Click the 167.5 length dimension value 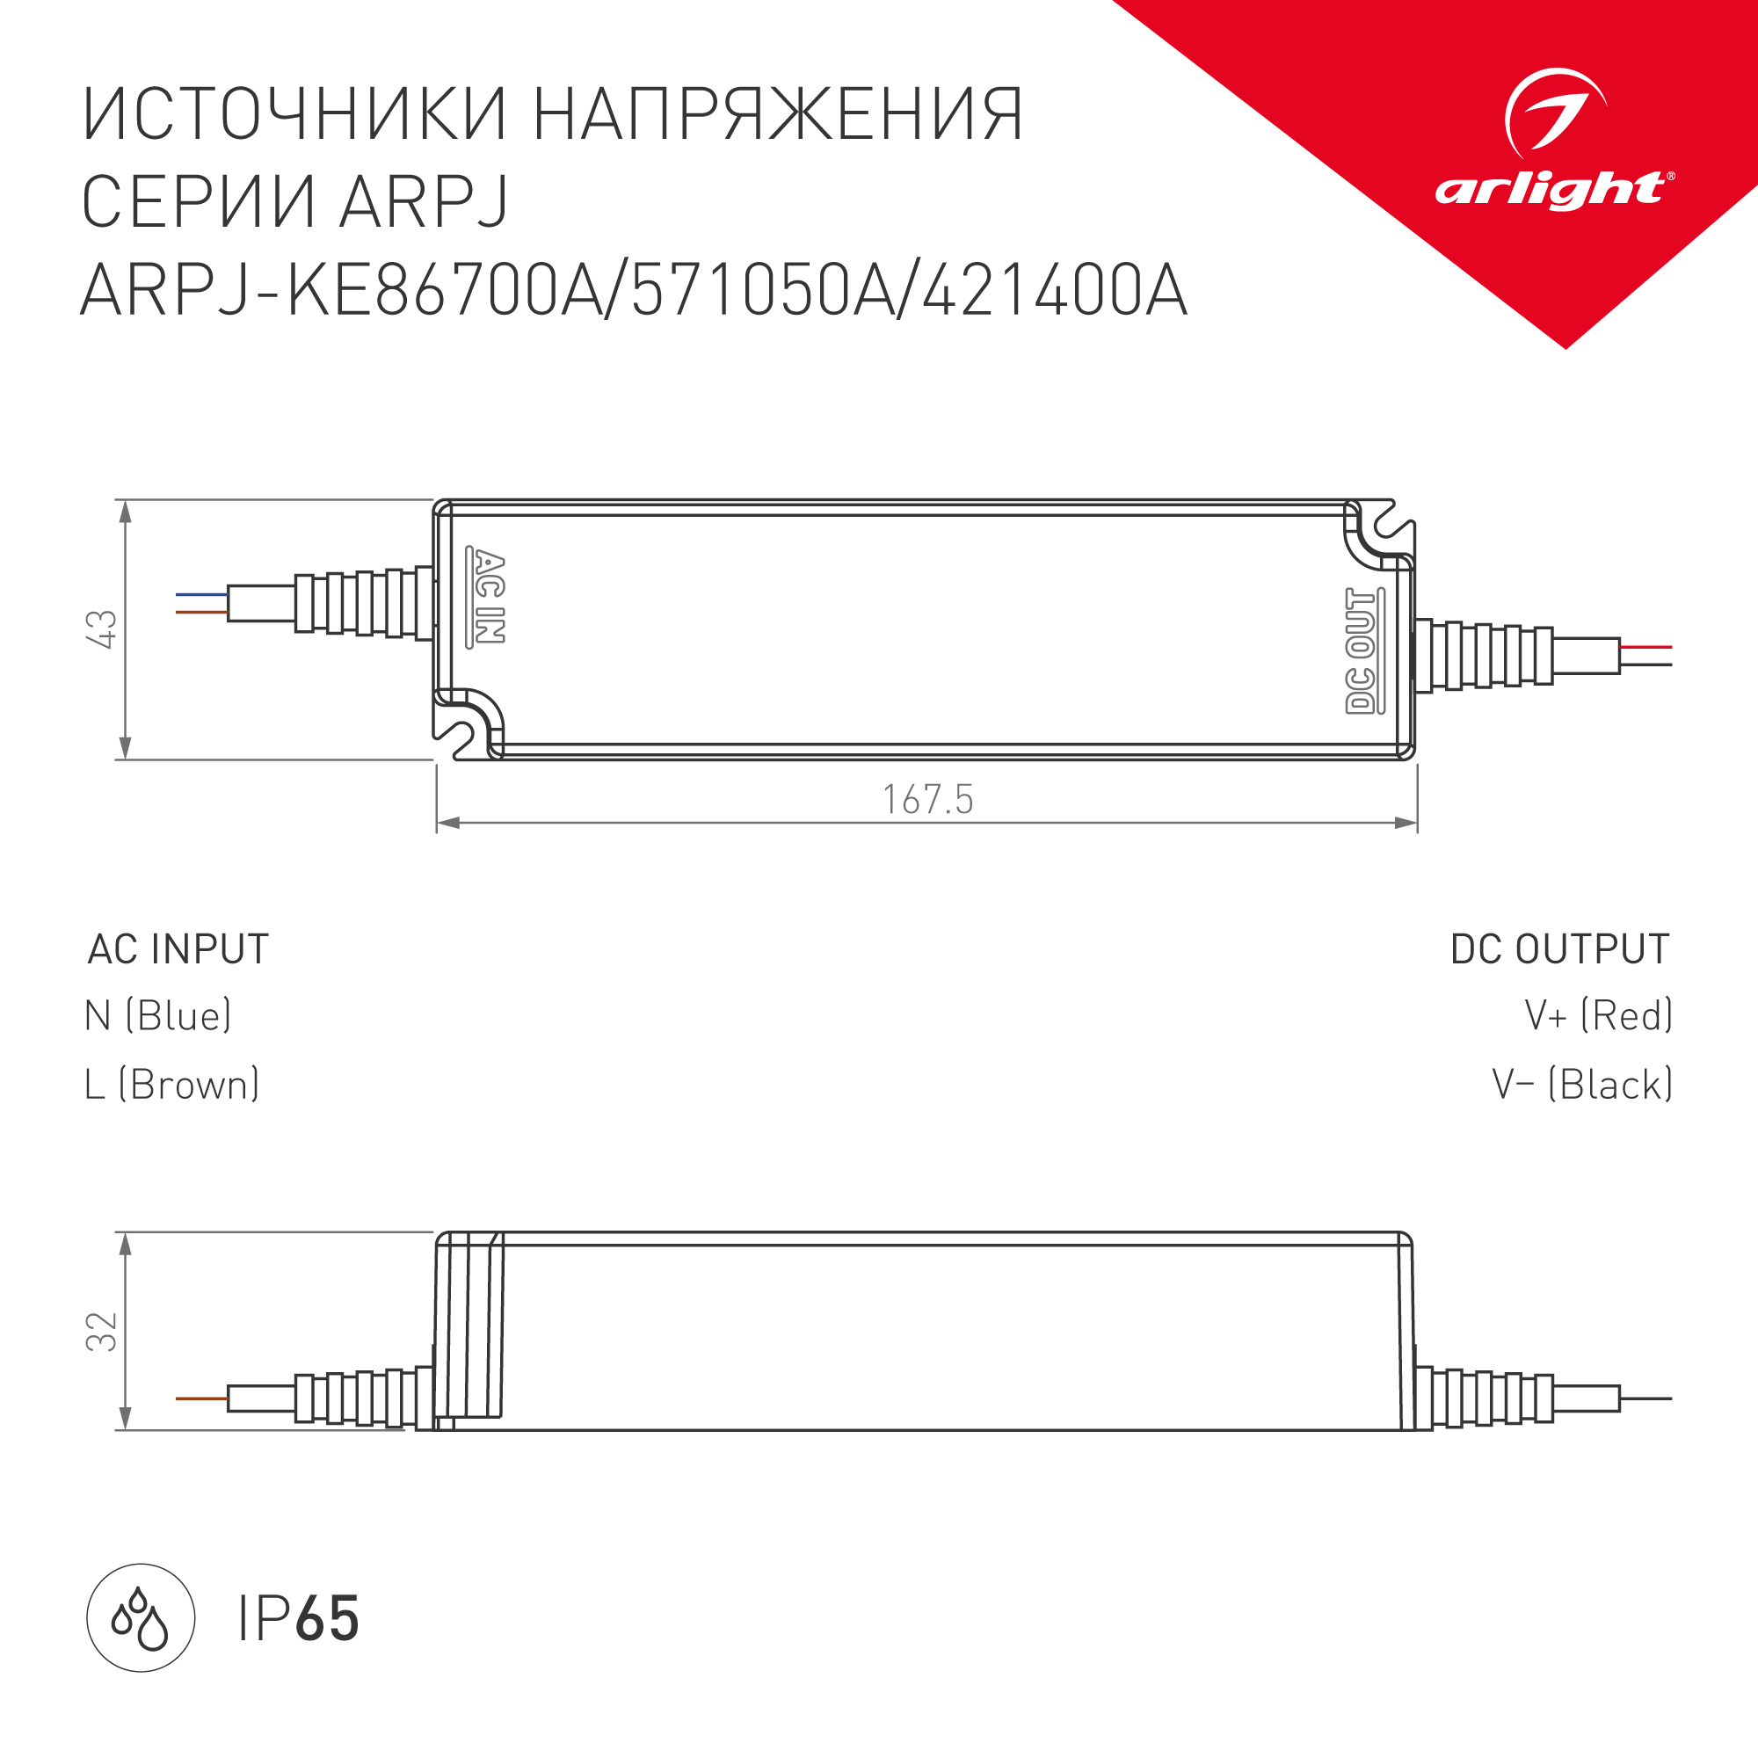(928, 800)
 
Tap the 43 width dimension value (102, 628)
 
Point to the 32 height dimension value (102, 1331)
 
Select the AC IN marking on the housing (487, 597)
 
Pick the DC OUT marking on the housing (1363, 650)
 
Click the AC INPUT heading (178, 949)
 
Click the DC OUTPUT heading (1559, 949)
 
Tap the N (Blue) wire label (158, 1015)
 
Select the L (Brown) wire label (172, 1085)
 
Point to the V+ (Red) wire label (1599, 1015)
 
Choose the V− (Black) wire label (1582, 1085)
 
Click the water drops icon (141, 1618)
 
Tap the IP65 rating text (299, 1619)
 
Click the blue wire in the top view (201, 594)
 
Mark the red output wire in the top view (1646, 647)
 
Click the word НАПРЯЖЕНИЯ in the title (778, 115)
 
